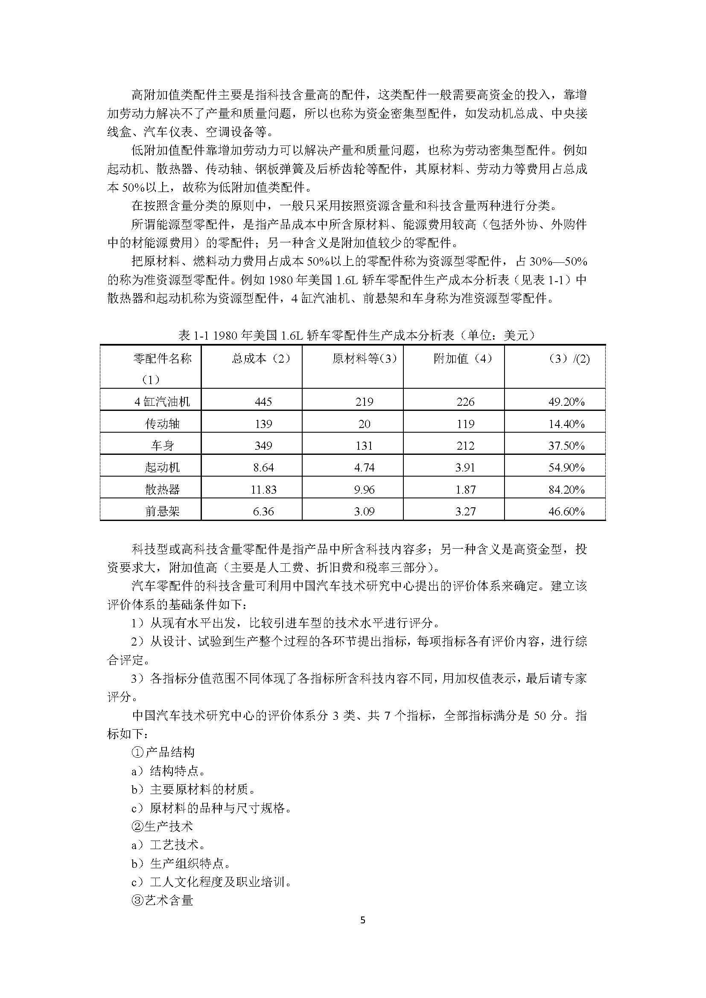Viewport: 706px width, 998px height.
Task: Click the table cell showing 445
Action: click(263, 402)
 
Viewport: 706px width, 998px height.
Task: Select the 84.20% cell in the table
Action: click(566, 489)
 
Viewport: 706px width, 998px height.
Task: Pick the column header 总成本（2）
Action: click(261, 359)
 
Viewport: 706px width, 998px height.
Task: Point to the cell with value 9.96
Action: click(364, 489)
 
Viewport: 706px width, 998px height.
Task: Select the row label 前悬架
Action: click(162, 512)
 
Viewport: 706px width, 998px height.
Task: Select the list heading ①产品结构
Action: click(163, 752)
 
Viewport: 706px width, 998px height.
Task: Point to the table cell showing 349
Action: click(263, 445)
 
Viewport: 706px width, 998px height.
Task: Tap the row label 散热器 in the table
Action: click(162, 489)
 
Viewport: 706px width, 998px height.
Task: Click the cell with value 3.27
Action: click(465, 512)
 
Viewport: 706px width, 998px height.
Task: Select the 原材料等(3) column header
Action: click(364, 359)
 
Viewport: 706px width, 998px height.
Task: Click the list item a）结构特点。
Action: click(168, 771)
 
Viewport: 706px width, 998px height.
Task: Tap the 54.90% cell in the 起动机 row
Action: click(566, 468)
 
